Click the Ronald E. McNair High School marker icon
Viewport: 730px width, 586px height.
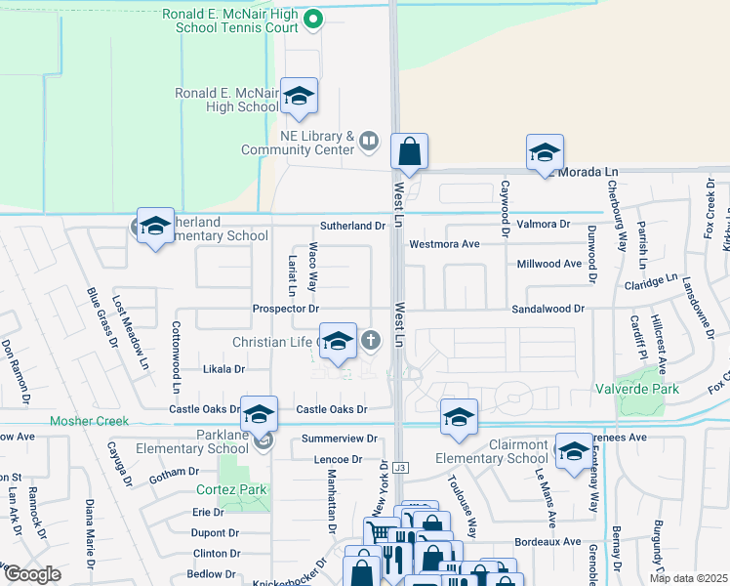pos(299,96)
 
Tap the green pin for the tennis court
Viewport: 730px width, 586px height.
pos(312,17)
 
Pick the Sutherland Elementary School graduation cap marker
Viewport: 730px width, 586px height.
pos(155,226)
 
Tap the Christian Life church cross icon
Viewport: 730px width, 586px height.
pos(370,341)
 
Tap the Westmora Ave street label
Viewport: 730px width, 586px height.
pos(445,243)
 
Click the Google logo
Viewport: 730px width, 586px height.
pos(32,574)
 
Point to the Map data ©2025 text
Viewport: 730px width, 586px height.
pos(688,578)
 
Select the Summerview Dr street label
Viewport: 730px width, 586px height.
pos(339,439)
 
